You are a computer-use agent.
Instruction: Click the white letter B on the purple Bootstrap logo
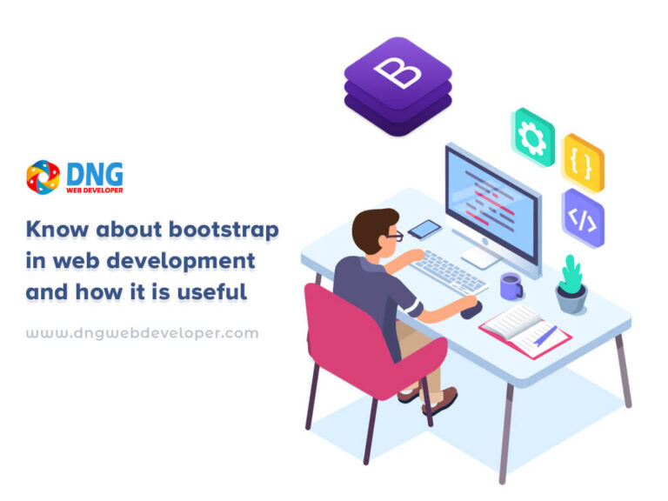pyautogui.click(x=397, y=71)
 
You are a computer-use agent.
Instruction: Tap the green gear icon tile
pyautogui.click(x=532, y=137)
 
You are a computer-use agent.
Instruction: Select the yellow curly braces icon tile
pyautogui.click(x=583, y=164)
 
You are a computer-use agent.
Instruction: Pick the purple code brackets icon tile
pyautogui.click(x=583, y=218)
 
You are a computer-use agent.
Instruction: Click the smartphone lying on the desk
pyautogui.click(x=424, y=230)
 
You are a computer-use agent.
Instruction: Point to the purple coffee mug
pyautogui.click(x=511, y=286)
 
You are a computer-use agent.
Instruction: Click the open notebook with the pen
pyautogui.click(x=524, y=331)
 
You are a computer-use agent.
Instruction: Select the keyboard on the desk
pyautogui.click(x=450, y=272)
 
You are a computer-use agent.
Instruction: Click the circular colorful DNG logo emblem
pyautogui.click(x=43, y=177)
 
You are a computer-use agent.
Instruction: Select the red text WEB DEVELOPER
pyautogui.click(x=95, y=190)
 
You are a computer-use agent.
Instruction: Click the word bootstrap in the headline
pyautogui.click(x=224, y=230)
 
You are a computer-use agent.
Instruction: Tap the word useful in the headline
pyautogui.click(x=211, y=292)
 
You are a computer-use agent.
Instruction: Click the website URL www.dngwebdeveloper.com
pyautogui.click(x=143, y=333)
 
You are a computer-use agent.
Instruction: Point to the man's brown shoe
pyautogui.click(x=439, y=400)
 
